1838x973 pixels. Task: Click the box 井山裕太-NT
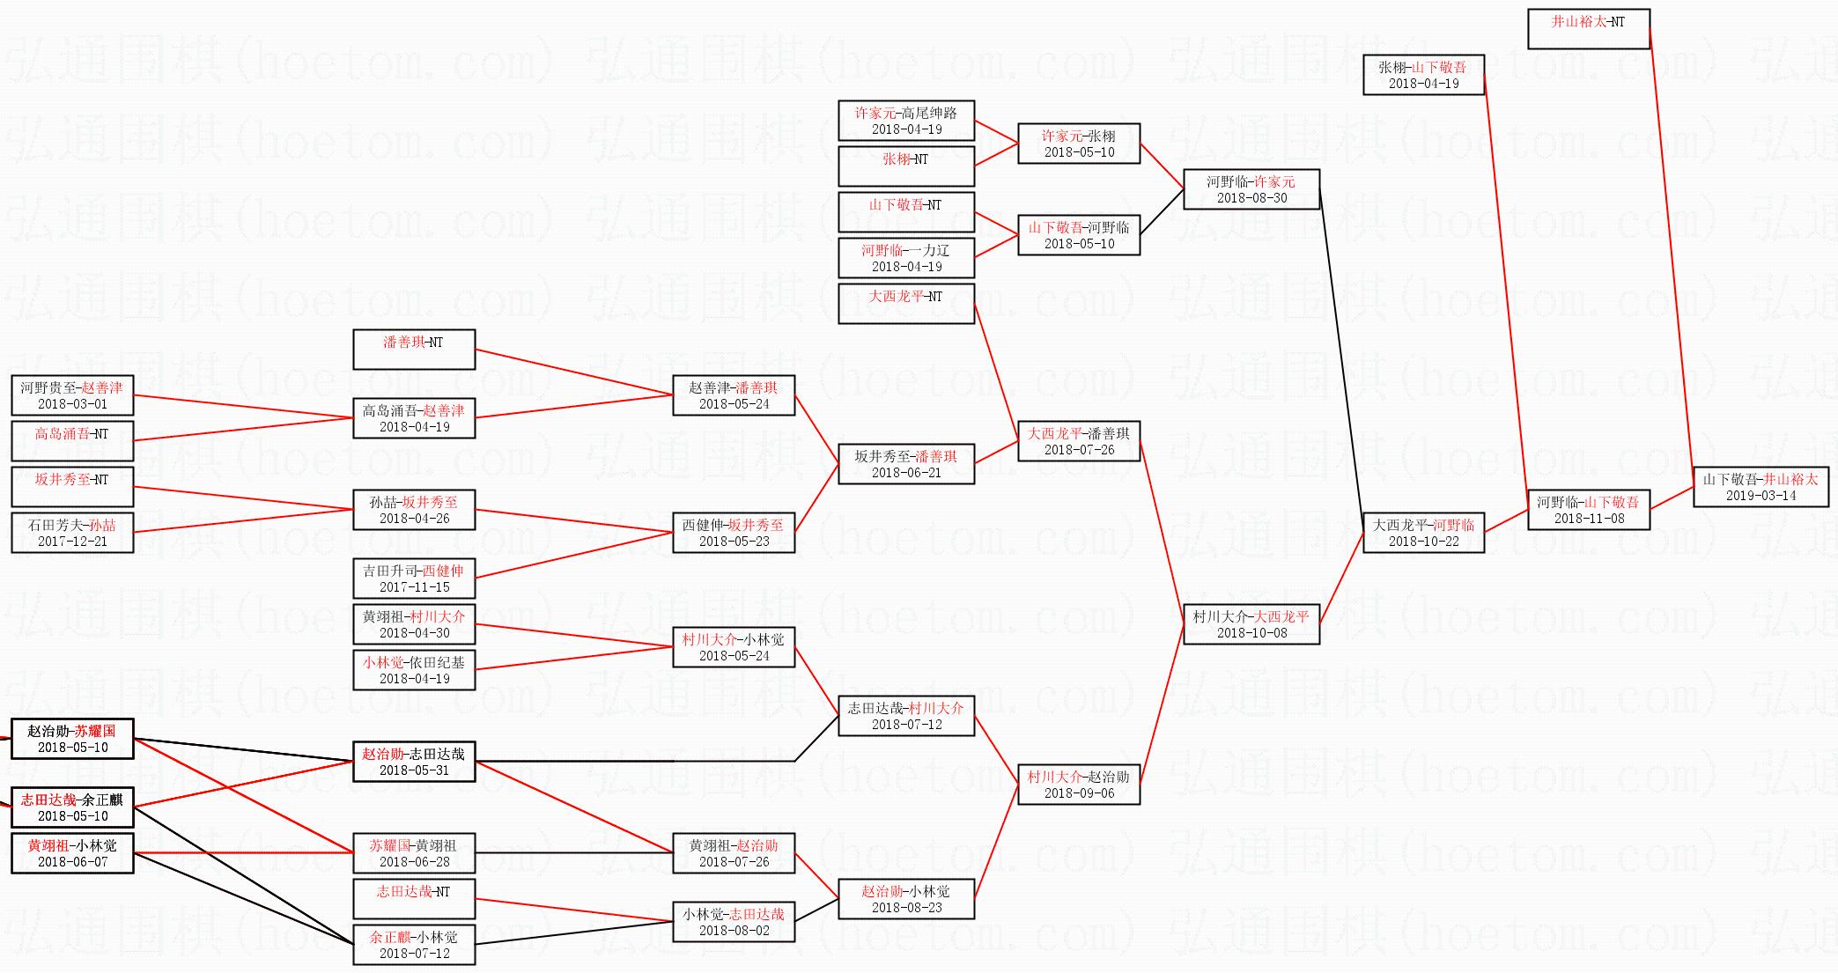[1588, 29]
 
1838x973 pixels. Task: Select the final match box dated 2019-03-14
[1760, 487]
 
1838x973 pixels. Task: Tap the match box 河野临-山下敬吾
[1588, 510]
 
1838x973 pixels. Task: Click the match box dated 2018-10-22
[1423, 533]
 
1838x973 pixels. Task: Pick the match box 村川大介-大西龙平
[1251, 624]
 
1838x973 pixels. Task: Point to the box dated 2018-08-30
[1251, 189]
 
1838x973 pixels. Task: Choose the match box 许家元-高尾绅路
[906, 121]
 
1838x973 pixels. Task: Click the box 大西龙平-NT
[906, 304]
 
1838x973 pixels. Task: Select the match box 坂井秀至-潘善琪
[906, 464]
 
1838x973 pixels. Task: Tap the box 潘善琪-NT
[414, 350]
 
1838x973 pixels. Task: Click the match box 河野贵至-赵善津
[72, 395]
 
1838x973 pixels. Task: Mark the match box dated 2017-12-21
[72, 533]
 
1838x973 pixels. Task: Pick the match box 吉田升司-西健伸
[414, 579]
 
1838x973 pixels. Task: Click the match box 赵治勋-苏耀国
[72, 739]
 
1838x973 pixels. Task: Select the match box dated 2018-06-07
[72, 853]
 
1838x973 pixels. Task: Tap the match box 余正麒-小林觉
[414, 945]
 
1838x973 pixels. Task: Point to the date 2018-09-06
[1079, 792]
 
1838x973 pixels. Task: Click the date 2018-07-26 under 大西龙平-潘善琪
[1079, 449]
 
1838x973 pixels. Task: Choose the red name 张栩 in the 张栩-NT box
[896, 159]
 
